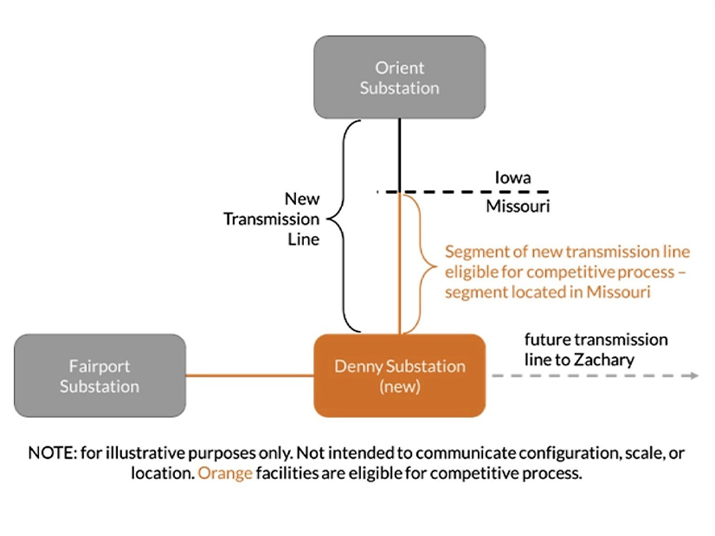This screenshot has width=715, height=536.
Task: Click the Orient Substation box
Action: [x=399, y=77]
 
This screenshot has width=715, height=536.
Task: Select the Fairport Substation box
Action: [x=100, y=376]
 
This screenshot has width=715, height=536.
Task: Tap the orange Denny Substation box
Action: [x=399, y=376]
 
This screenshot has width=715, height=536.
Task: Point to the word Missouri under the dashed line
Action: [x=518, y=207]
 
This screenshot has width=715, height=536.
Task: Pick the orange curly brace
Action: [x=422, y=263]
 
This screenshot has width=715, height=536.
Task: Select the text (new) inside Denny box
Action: [x=399, y=386]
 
